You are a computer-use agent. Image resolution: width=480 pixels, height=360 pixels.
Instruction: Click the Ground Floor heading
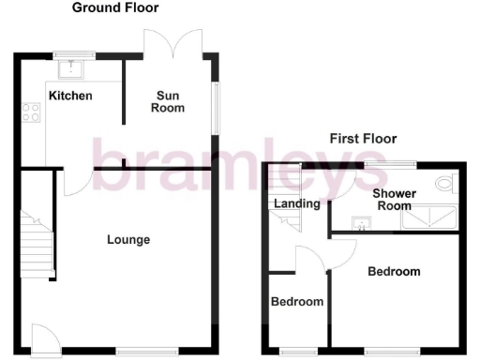pos(115,7)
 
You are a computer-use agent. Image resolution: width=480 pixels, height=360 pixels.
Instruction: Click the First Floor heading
pos(363,139)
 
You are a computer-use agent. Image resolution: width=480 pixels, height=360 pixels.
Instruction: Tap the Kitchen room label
pos(70,96)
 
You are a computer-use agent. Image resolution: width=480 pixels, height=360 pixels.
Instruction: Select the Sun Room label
pos(169,101)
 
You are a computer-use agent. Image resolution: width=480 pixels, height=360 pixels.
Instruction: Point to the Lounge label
pos(128,240)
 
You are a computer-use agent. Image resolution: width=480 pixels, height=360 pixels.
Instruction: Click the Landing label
pos(297,203)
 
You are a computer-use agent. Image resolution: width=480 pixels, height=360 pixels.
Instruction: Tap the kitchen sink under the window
pos(72,67)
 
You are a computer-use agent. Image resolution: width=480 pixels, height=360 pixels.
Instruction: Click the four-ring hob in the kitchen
pos(29,112)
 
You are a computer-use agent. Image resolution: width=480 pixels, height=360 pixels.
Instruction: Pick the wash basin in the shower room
pos(360,224)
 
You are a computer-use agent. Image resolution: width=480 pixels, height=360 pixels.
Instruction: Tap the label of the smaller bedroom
pos(297,302)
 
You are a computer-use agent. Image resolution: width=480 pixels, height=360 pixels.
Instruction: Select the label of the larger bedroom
pos(394,272)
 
